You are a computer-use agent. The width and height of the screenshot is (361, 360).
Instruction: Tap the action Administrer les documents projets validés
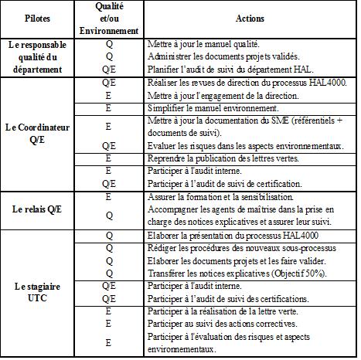221,56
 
